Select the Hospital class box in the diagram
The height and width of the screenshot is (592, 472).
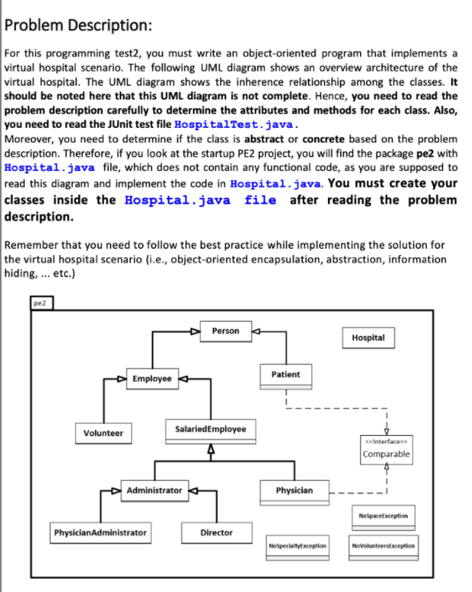pyautogui.click(x=369, y=338)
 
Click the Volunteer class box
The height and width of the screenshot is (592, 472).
pyautogui.click(x=103, y=433)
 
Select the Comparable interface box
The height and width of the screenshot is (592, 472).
pyautogui.click(x=385, y=449)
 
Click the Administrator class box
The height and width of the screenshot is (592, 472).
pyautogui.click(x=154, y=489)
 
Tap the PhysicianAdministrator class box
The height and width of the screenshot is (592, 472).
pyautogui.click(x=100, y=531)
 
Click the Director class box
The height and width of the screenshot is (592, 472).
pyautogui.click(x=215, y=532)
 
